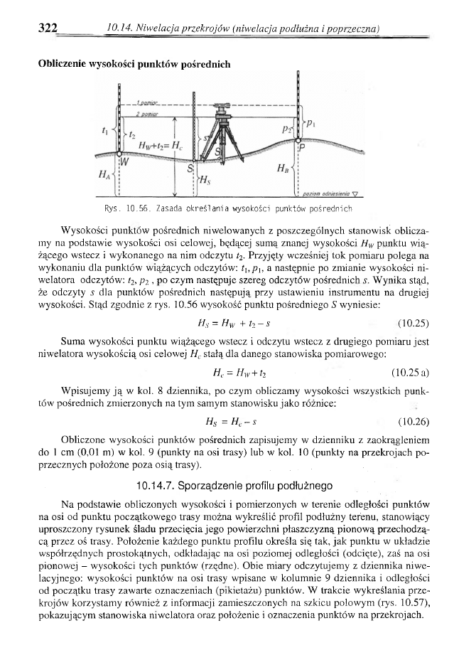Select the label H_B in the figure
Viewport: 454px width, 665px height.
284,171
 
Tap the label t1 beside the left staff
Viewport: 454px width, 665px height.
107,130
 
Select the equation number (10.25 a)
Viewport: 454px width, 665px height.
409,372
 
